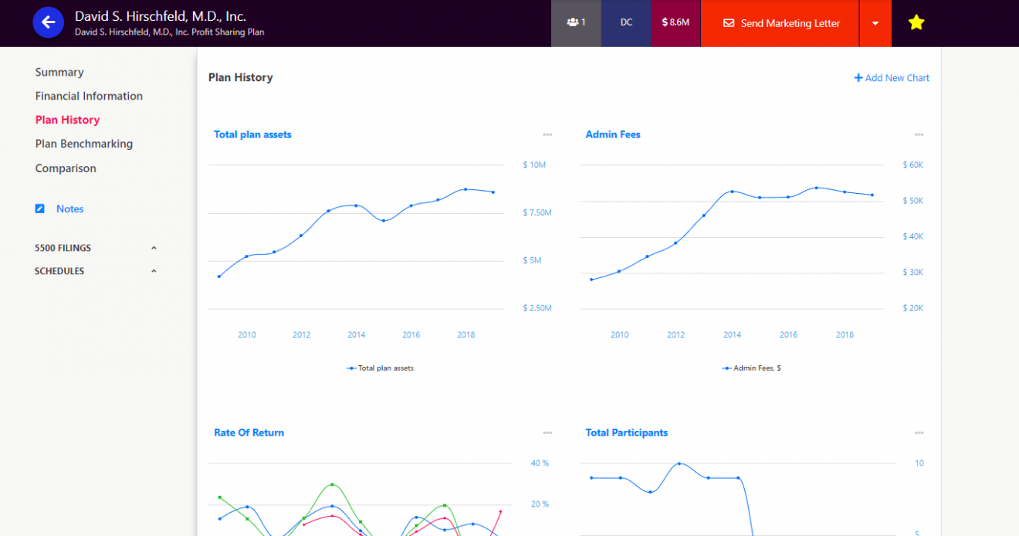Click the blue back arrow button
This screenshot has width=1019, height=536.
click(48, 22)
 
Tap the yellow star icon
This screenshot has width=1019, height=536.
click(916, 22)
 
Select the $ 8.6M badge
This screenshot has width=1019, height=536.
click(675, 22)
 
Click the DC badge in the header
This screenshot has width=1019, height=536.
click(626, 22)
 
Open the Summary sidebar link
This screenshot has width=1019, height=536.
click(59, 72)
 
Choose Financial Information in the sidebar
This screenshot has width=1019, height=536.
click(89, 96)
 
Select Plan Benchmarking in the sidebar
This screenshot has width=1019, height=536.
click(84, 144)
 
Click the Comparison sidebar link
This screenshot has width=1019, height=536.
click(66, 168)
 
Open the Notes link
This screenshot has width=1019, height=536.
click(69, 209)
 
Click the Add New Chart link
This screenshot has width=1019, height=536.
click(892, 78)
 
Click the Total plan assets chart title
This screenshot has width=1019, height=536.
click(252, 134)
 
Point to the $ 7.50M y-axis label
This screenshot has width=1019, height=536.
click(537, 212)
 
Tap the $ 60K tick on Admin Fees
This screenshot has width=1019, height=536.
click(913, 165)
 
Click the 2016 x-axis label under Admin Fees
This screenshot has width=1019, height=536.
click(788, 335)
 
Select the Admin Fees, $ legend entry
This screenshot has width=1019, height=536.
click(752, 368)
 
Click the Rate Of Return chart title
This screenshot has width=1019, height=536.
click(249, 433)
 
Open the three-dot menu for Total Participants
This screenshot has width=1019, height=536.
click(919, 433)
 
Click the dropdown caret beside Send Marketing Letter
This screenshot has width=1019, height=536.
click(875, 23)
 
